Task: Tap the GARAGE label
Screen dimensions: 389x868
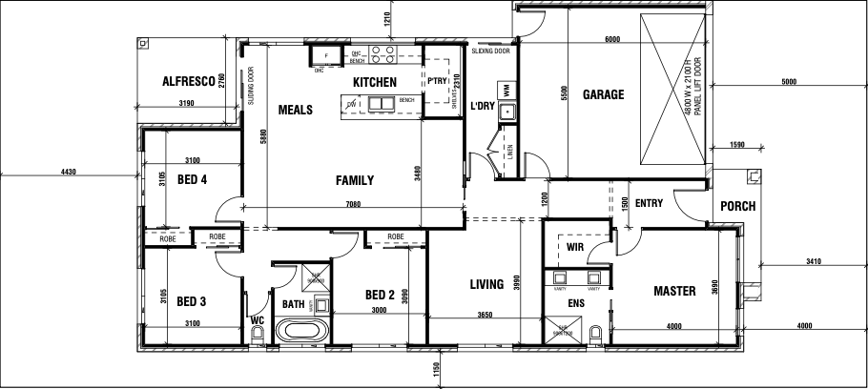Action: [x=603, y=94]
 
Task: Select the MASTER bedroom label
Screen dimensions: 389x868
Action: [x=673, y=290]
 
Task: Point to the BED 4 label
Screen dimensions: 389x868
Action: [x=193, y=179]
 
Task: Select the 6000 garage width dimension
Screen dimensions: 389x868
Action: [x=611, y=40]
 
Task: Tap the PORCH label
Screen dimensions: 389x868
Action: [x=737, y=205]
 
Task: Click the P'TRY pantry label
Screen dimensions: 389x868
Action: [x=437, y=81]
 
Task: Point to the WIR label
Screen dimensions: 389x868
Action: [x=574, y=246]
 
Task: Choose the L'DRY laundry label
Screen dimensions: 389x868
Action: [x=483, y=107]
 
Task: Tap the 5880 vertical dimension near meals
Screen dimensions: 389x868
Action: [x=261, y=137]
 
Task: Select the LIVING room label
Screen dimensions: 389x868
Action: [x=486, y=284]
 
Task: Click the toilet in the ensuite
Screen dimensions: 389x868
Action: [x=595, y=334]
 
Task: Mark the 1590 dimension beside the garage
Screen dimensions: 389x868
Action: [x=736, y=144]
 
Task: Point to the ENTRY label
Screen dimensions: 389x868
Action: [x=649, y=202]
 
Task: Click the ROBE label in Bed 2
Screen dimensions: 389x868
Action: [x=396, y=235]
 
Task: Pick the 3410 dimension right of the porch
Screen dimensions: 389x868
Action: [x=813, y=259]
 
